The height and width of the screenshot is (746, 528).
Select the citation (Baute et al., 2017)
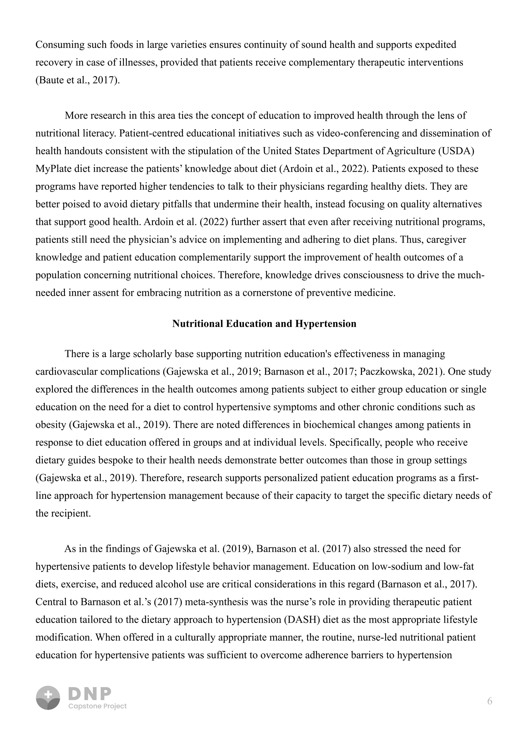coord(77,80)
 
